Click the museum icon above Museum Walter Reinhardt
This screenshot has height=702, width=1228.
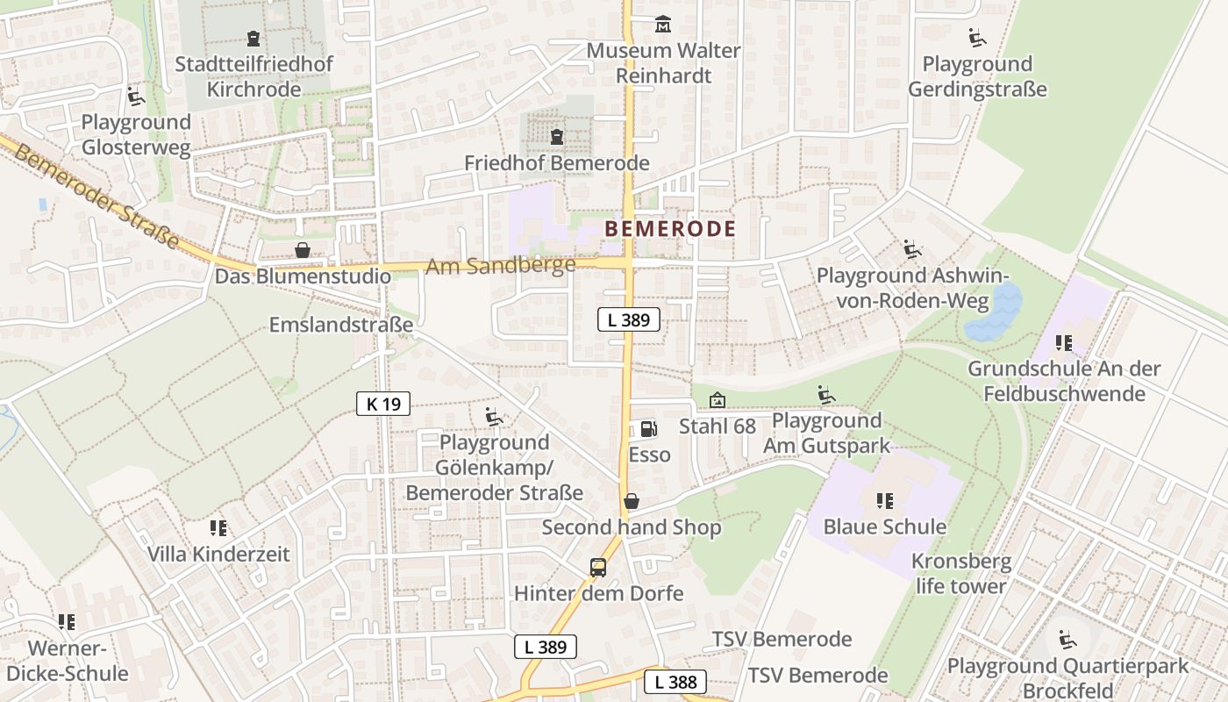(663, 25)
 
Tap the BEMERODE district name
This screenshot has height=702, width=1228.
(670, 229)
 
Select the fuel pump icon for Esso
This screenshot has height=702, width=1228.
(648, 428)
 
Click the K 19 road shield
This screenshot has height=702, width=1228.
(383, 404)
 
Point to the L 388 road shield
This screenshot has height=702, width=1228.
(675, 682)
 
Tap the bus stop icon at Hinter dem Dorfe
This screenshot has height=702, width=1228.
(598, 567)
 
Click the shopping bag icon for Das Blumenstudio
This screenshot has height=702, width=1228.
(303, 250)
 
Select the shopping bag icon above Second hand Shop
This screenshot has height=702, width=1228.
(631, 501)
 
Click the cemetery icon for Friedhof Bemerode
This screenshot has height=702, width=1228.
(557, 137)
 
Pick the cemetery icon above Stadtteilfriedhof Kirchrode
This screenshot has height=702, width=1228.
(253, 39)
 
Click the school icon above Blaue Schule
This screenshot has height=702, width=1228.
(884, 501)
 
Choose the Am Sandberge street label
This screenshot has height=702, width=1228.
(500, 265)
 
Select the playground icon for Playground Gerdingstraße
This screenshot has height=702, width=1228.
(976, 38)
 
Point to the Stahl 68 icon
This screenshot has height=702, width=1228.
(718, 400)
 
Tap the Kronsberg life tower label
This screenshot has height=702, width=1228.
(960, 573)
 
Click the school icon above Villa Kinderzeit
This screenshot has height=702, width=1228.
(218, 528)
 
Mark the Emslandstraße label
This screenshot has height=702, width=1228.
(340, 325)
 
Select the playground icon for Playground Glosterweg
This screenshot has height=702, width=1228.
(135, 96)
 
